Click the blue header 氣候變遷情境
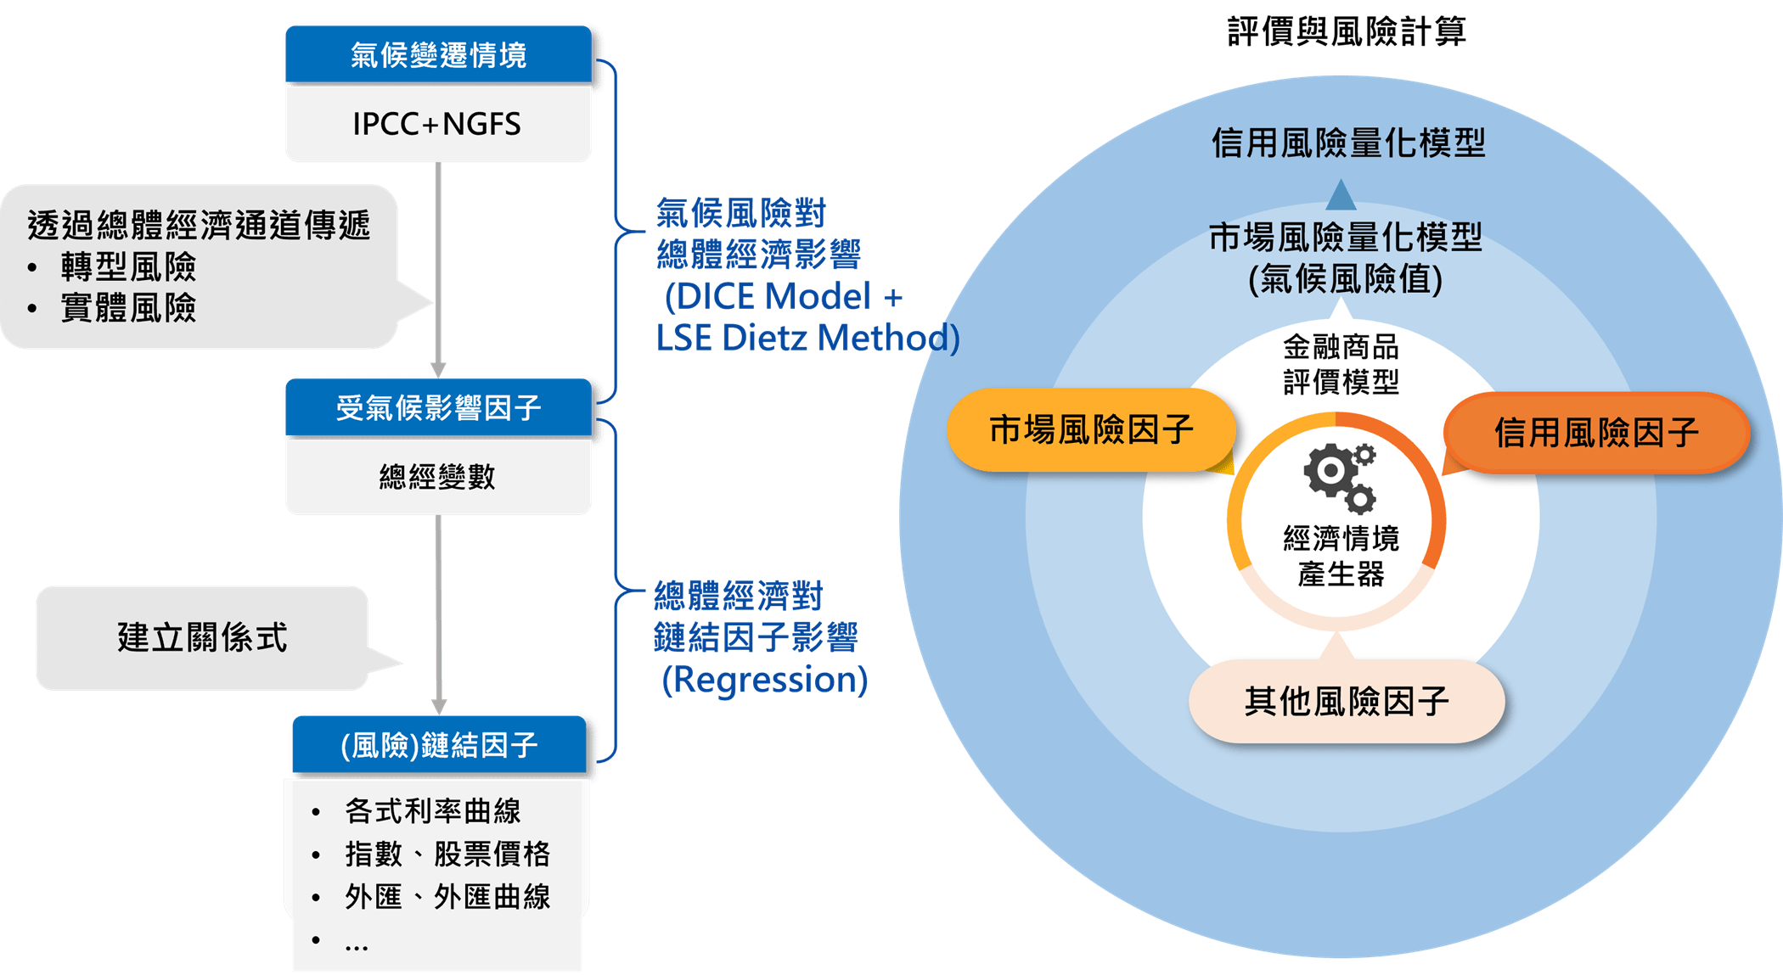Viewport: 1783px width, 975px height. [438, 55]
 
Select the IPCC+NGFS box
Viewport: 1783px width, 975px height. [437, 124]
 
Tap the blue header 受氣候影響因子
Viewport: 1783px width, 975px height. [438, 408]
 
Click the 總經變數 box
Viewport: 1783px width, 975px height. [437, 477]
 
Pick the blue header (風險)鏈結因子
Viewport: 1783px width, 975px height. [439, 746]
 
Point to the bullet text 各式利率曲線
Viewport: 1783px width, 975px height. [432, 811]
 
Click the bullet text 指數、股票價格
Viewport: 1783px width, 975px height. [447, 855]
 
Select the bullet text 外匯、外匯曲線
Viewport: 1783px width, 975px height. [447, 897]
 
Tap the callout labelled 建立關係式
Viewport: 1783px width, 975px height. [202, 637]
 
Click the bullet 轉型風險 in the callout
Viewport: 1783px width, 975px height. [128, 267]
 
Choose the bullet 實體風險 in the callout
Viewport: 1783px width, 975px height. [128, 307]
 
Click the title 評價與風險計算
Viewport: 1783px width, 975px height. [1347, 32]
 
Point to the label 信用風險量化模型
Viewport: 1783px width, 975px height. [1348, 143]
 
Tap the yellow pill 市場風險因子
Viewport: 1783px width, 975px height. [1091, 430]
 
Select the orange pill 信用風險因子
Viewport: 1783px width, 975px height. [1596, 433]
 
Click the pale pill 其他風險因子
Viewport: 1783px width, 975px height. [1347, 702]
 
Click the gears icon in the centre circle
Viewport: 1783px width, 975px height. [1341, 477]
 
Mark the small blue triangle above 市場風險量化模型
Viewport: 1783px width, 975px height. [1341, 195]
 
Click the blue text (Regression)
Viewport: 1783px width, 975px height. [764, 680]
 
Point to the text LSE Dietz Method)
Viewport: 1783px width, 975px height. [807, 338]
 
